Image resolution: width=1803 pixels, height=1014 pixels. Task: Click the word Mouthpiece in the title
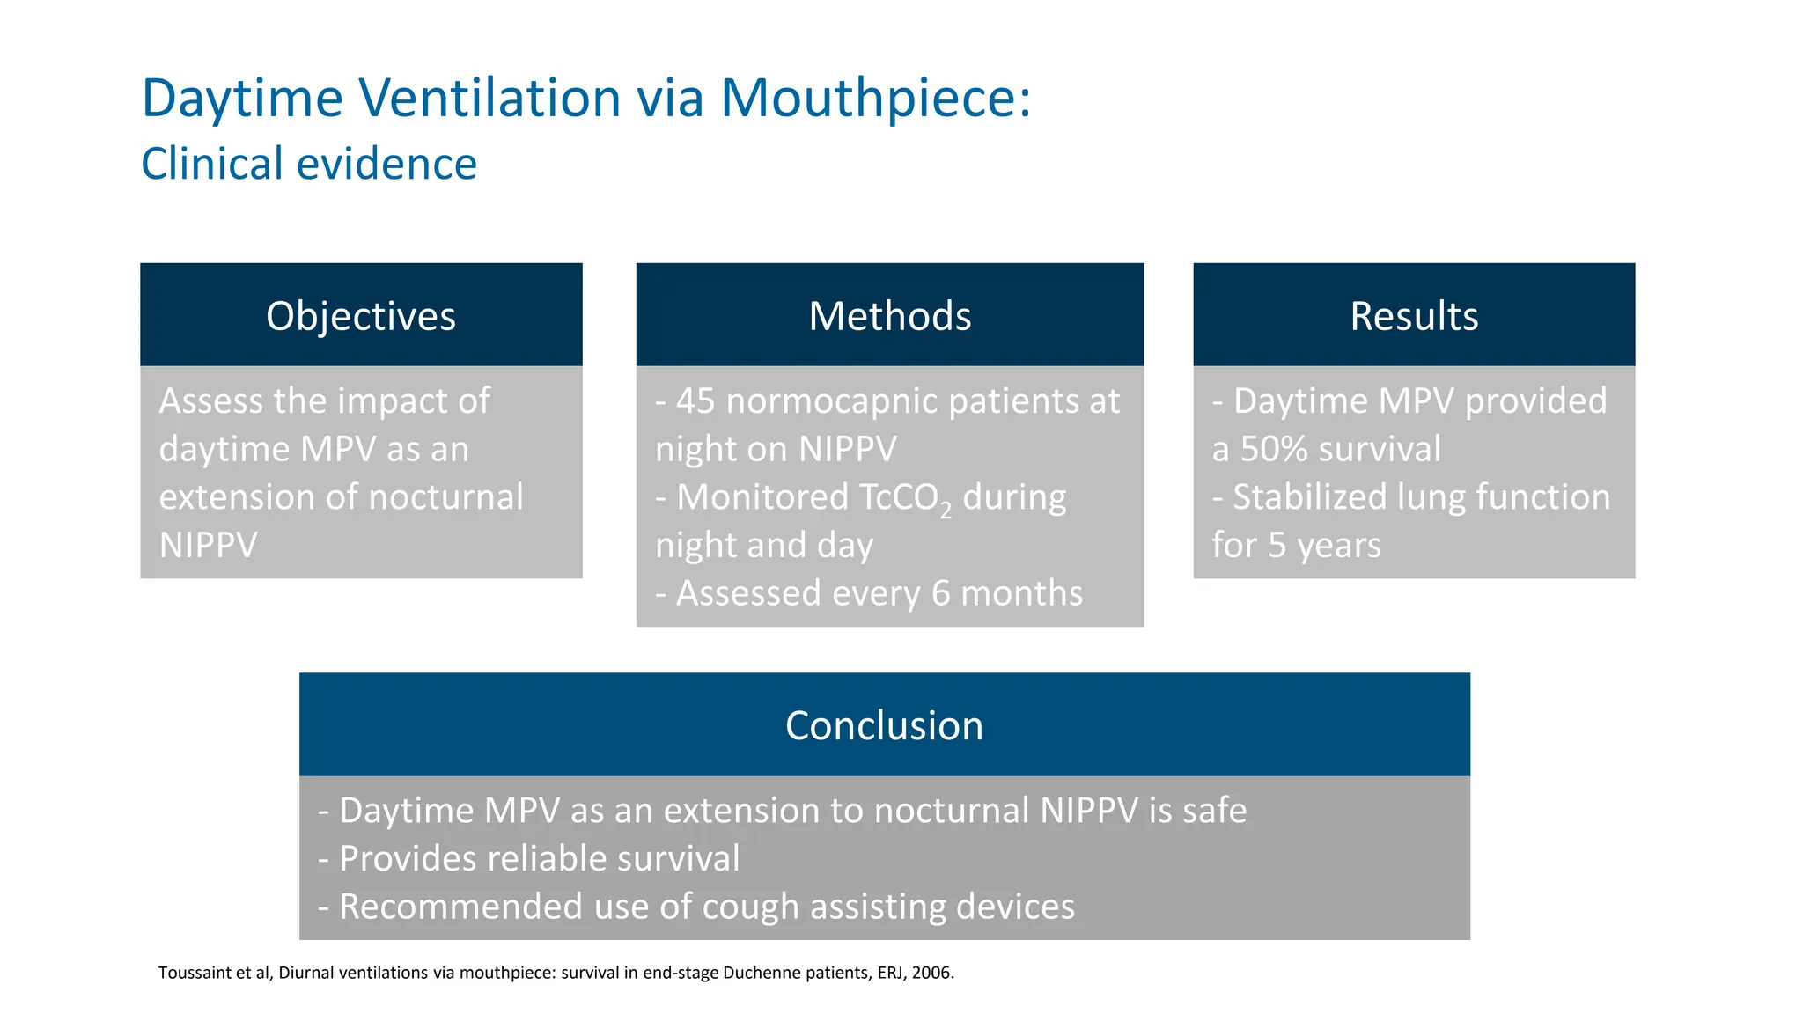pos(875,98)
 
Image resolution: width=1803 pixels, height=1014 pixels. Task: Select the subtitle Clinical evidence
pos(309,164)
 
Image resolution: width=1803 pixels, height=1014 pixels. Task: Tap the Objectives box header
pos(361,316)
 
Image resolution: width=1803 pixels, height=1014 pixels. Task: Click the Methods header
pos(889,316)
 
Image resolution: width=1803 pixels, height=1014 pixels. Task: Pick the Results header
pos(1414,316)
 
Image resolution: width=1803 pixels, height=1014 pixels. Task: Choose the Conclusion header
pos(884,726)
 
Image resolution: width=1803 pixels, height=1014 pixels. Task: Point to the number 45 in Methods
pos(695,401)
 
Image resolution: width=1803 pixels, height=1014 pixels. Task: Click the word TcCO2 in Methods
pos(905,498)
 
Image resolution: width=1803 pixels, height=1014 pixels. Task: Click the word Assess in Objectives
pos(211,401)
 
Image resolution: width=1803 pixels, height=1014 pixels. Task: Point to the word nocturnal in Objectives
pos(445,497)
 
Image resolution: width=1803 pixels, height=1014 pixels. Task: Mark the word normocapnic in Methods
pos(831,402)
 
